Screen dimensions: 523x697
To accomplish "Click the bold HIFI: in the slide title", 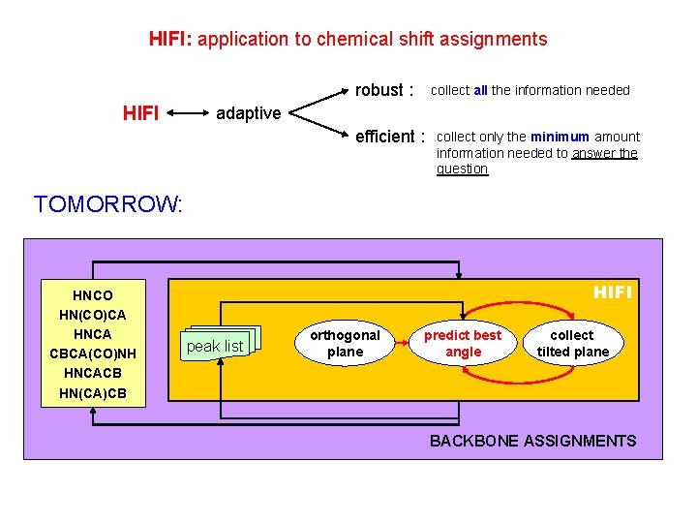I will [x=171, y=40].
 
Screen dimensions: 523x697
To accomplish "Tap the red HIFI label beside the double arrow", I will [x=141, y=113].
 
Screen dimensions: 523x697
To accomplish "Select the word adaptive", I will [x=248, y=113].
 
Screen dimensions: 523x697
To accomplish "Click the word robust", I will [x=379, y=90].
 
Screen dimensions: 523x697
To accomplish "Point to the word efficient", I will [x=385, y=137].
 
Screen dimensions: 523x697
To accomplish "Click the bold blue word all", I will [x=480, y=91].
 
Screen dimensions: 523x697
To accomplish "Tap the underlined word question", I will [x=462, y=169].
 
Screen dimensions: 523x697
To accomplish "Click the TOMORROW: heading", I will [x=107, y=204].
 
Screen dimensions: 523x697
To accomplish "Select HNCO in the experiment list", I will [x=93, y=295].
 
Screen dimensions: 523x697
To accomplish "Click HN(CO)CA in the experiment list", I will [x=93, y=315].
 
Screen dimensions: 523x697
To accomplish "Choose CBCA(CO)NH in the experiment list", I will [x=93, y=354].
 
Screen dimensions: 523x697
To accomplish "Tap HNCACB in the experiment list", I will [x=93, y=373].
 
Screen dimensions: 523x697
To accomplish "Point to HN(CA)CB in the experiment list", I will [x=93, y=392].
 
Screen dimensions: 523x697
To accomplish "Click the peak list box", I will [x=215, y=346].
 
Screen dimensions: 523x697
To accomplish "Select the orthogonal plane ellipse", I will [x=345, y=343].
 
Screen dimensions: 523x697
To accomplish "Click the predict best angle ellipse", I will [x=463, y=343].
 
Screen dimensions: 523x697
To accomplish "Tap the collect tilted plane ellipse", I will [x=572, y=343].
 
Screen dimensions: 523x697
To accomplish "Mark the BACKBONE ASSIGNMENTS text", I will [x=532, y=441].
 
